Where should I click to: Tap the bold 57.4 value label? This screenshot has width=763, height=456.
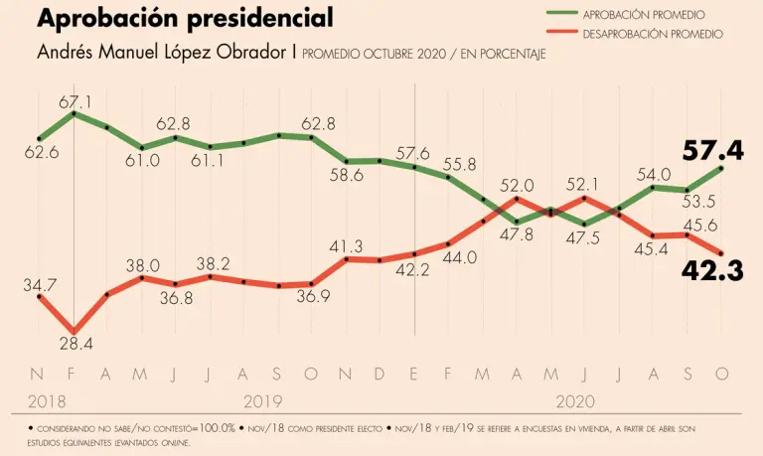(713, 151)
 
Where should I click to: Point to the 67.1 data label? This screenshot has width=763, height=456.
(75, 101)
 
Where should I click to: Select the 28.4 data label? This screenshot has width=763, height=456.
(76, 345)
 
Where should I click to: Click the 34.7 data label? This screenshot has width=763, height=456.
(40, 284)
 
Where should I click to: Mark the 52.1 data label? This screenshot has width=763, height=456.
(583, 184)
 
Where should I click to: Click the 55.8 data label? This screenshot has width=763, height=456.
(459, 164)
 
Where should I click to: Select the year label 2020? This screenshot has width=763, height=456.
(576, 401)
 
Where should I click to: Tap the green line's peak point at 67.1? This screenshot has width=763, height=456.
(75, 114)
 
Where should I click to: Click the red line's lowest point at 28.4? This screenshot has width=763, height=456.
(75, 331)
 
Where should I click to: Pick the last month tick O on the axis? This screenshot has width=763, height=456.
(722, 374)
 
